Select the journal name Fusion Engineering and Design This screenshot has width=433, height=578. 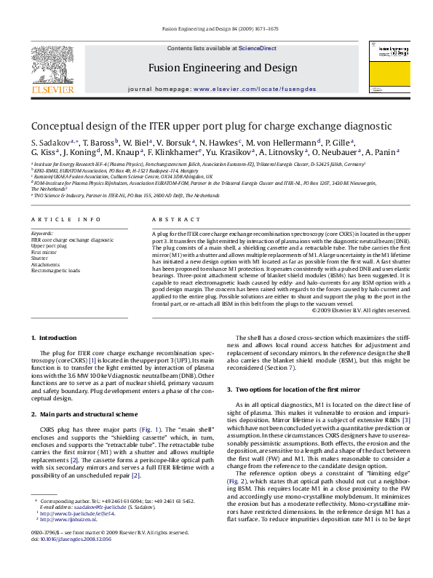coord(223,68)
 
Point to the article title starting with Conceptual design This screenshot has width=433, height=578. coord(211,125)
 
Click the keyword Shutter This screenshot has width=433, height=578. coord(40,258)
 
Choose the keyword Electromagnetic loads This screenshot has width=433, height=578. coord(56,270)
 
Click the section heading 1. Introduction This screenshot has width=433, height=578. coord(54,338)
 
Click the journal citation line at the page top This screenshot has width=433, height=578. coord(218,30)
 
